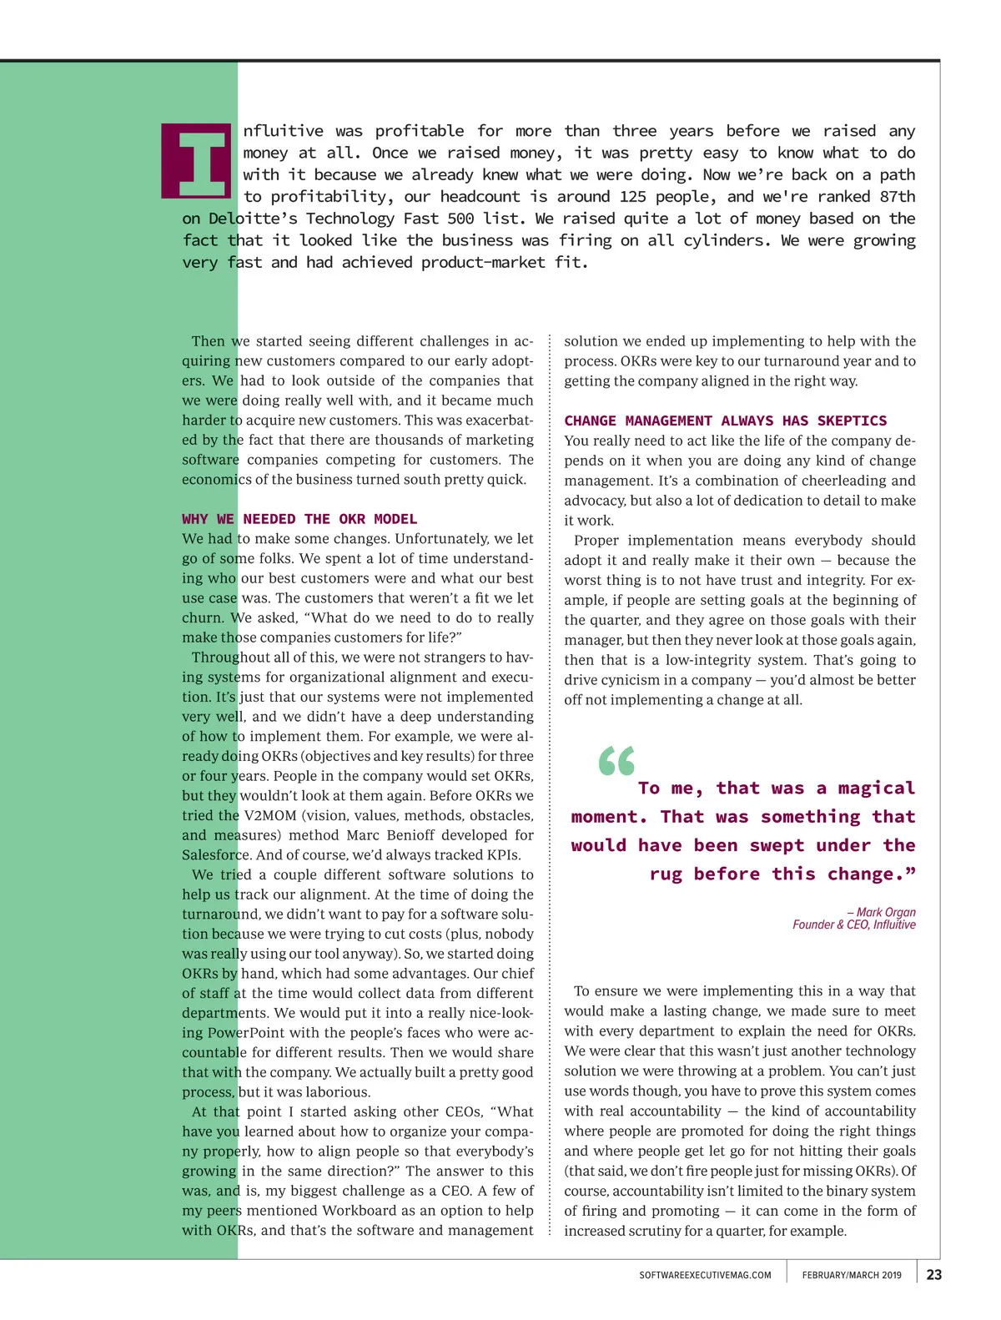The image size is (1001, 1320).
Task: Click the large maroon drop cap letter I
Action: tap(196, 161)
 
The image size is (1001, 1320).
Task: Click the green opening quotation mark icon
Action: tap(616, 761)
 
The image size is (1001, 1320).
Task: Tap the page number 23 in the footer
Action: tap(934, 1275)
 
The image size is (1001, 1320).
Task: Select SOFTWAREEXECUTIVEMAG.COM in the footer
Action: tap(705, 1275)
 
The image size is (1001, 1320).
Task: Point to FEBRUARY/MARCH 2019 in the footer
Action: tap(852, 1275)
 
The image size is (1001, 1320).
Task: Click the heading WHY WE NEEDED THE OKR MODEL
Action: tap(299, 519)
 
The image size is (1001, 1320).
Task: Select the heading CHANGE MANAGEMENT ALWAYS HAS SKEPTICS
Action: tap(725, 421)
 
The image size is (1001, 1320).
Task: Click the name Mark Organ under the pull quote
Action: tap(886, 912)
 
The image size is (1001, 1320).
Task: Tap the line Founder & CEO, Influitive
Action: tap(853, 925)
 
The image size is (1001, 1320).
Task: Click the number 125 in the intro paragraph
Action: tap(633, 197)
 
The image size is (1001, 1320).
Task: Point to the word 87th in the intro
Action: tap(898, 197)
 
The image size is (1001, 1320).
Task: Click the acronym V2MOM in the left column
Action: tap(270, 815)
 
